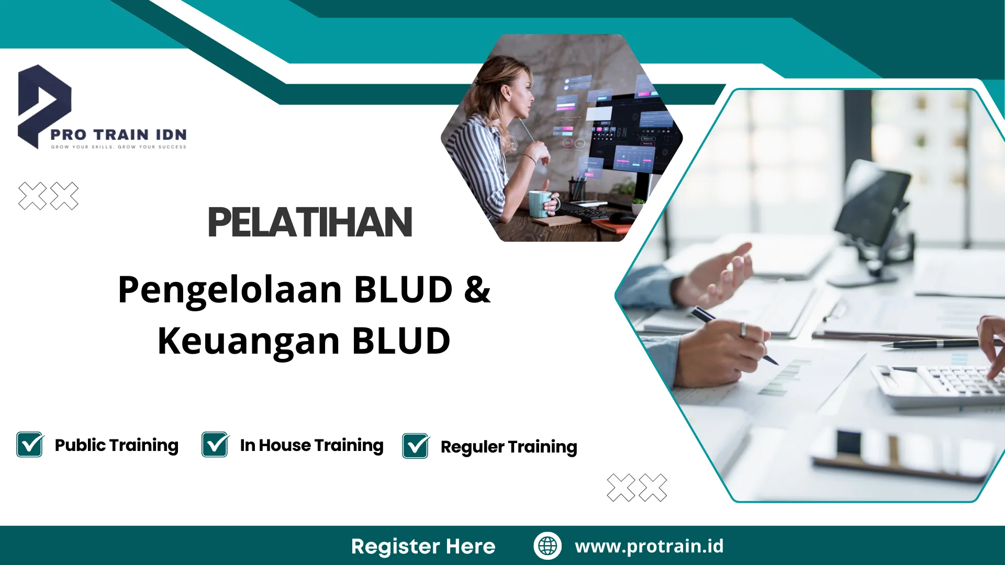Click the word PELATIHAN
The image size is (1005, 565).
[x=310, y=223]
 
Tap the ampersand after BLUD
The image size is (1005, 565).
[x=477, y=289]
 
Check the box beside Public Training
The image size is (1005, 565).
[x=30, y=445]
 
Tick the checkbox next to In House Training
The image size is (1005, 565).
[x=215, y=445]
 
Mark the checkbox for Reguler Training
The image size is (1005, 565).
[x=416, y=446]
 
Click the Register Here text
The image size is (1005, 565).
[x=423, y=546]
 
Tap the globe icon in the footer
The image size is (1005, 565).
[x=548, y=546]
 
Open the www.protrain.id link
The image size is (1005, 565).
[x=649, y=546]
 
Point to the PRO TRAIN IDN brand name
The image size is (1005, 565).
[x=118, y=134]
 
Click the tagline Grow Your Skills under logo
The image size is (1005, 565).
[x=118, y=147]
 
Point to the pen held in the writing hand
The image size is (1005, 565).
[x=733, y=335]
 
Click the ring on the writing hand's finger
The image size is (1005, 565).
[x=743, y=330]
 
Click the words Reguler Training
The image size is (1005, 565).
[x=508, y=447]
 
